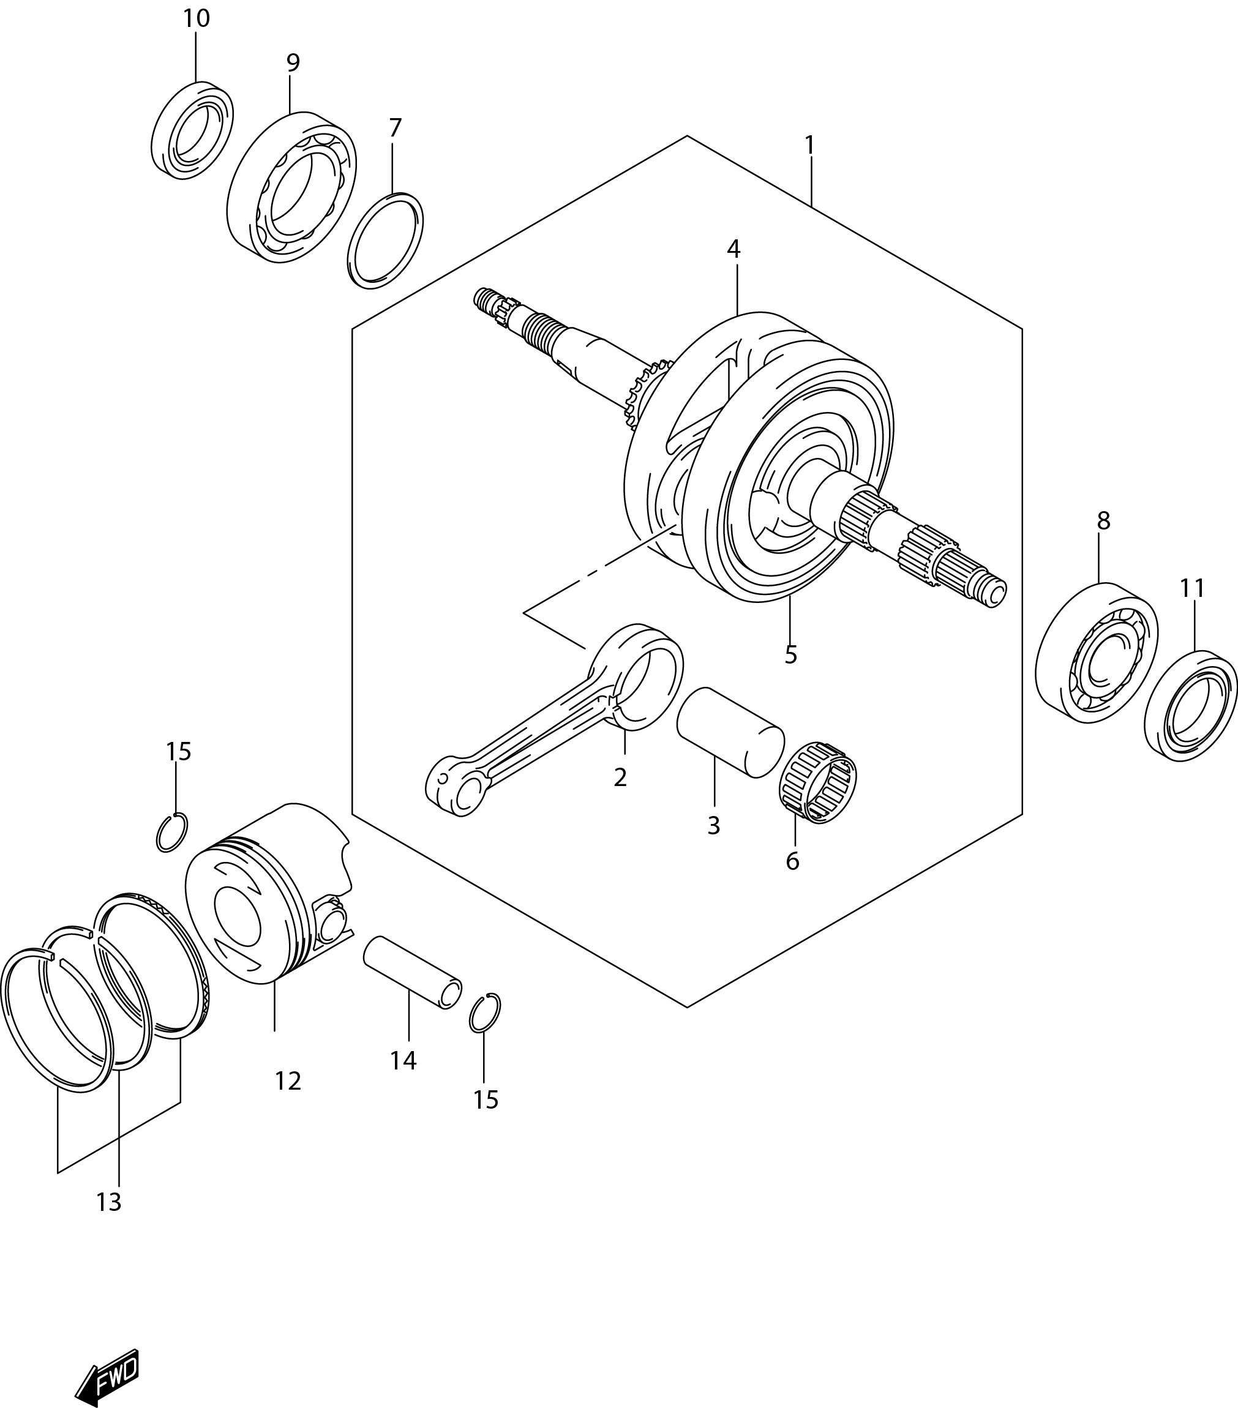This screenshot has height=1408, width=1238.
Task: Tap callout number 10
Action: point(197,18)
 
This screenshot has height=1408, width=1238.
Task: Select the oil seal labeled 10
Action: point(192,131)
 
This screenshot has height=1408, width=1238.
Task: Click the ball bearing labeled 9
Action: point(291,187)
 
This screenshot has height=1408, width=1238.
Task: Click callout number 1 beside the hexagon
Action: point(809,145)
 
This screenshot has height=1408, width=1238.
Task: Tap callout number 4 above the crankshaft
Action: point(733,249)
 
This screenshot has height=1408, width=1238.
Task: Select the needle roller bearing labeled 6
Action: point(818,782)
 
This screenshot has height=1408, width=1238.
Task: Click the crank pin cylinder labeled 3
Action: point(730,732)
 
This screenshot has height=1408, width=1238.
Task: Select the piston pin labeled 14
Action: point(412,972)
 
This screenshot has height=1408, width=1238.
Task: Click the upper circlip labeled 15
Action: point(172,832)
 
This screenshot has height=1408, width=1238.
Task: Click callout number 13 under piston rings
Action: point(109,1202)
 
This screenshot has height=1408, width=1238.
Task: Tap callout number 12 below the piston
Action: point(288,1082)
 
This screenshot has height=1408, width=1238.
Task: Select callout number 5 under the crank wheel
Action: point(790,654)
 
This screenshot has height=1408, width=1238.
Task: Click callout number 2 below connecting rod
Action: point(620,777)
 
